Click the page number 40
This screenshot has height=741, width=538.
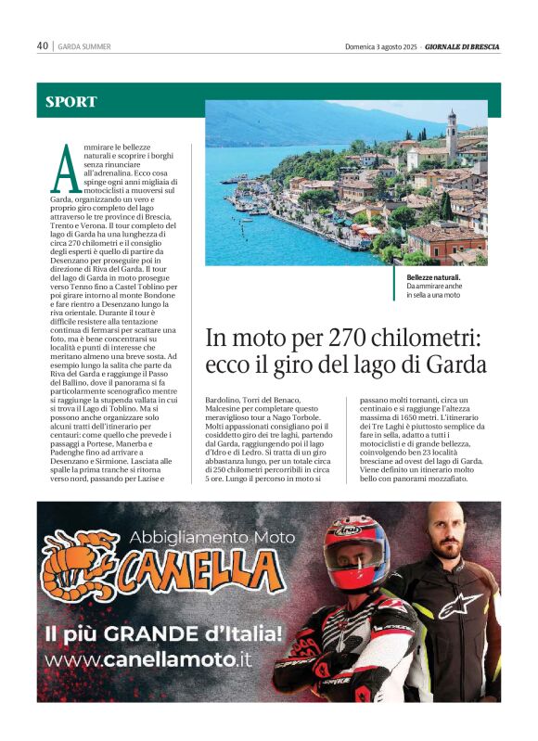coord(43,45)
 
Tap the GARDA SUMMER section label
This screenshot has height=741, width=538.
coord(84,46)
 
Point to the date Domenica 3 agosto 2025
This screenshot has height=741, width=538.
coord(380,46)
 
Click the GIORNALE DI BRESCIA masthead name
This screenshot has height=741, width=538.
coord(463,46)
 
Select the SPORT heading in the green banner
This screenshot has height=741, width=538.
coord(71,102)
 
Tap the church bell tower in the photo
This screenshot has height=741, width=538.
coord(452,135)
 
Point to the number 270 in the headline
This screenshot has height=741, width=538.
coord(339,336)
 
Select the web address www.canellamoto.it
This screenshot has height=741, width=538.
coord(147,660)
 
